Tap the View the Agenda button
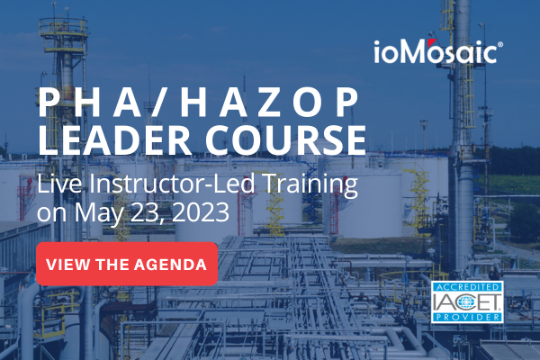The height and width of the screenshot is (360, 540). [x=127, y=264]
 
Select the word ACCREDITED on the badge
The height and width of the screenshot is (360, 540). [x=469, y=286]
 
